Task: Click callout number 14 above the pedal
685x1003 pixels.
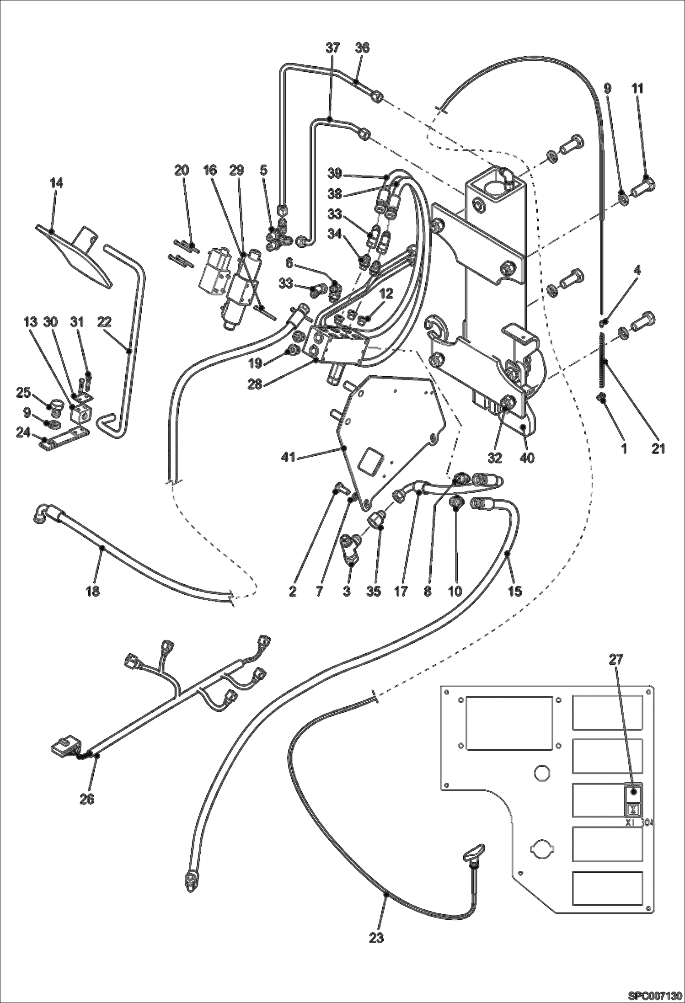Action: pyautogui.click(x=57, y=183)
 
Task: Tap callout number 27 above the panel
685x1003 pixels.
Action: pyautogui.click(x=616, y=659)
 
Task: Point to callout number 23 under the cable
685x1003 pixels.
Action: pyautogui.click(x=376, y=938)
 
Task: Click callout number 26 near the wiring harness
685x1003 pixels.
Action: pyautogui.click(x=87, y=799)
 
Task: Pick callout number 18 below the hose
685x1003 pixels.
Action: pyautogui.click(x=92, y=591)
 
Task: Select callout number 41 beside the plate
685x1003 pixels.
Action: pyautogui.click(x=289, y=457)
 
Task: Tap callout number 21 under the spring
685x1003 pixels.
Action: pyautogui.click(x=658, y=448)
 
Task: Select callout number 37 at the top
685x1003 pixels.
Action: pyautogui.click(x=333, y=48)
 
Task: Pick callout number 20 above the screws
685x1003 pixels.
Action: pyautogui.click(x=182, y=170)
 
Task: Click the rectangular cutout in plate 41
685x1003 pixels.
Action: pyautogui.click(x=370, y=464)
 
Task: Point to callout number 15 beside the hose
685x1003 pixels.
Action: pyautogui.click(x=515, y=591)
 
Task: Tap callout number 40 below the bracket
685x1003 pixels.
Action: pyautogui.click(x=527, y=457)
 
